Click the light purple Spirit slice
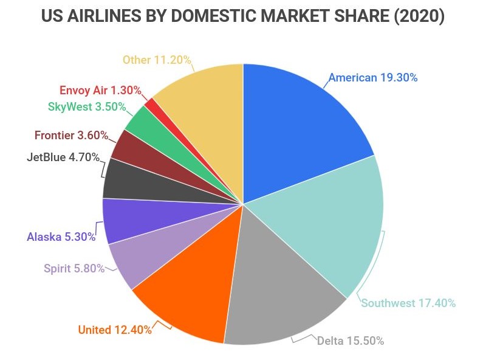point(137,258)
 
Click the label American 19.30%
point(373,78)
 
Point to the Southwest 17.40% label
point(408,303)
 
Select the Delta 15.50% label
point(351,341)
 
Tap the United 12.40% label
point(115,330)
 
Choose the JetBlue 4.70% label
point(63,157)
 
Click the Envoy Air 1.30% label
point(100,91)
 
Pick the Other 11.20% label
point(157,60)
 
